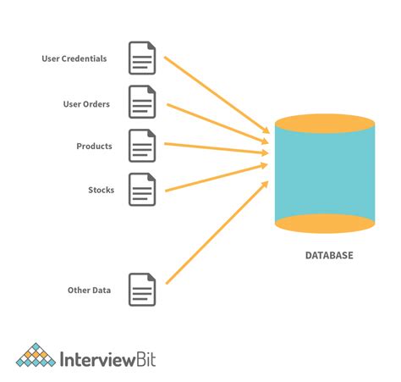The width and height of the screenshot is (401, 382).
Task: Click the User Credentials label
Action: [74, 58]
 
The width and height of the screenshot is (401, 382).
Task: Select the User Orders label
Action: [85, 104]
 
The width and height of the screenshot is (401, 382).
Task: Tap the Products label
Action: [94, 147]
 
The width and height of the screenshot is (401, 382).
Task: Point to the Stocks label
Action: [101, 190]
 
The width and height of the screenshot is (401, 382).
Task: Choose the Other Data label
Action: [89, 291]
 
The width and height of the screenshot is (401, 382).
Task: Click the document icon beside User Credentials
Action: [142, 58]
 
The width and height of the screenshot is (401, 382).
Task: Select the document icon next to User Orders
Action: [142, 102]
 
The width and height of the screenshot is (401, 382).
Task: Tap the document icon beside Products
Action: [142, 146]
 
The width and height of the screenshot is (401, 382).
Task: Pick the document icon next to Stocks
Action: [142, 190]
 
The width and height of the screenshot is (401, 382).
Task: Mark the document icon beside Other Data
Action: [142, 290]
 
